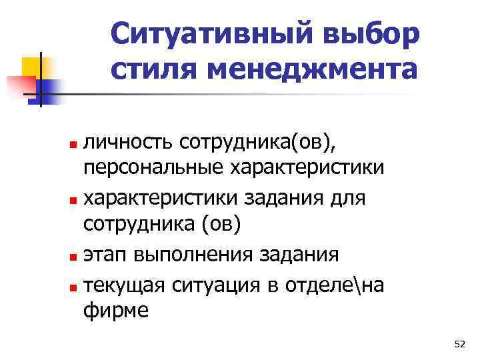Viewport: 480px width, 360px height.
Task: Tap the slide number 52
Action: pos(459,344)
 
